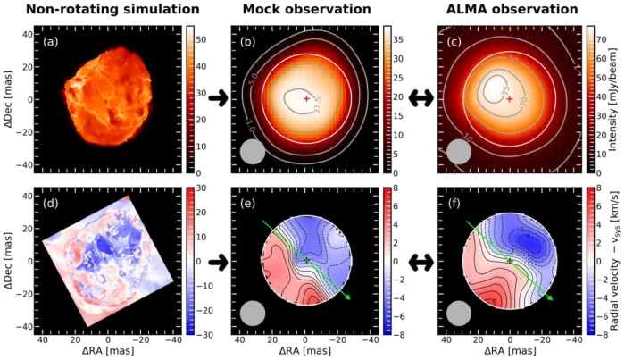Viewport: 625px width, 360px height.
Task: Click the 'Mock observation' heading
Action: tap(309, 11)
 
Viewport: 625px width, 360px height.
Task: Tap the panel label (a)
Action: tap(46, 41)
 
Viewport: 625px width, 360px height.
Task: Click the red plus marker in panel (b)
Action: tap(306, 98)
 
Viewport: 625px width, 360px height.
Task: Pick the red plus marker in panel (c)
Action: tap(510, 99)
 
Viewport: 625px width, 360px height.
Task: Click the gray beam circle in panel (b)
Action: tap(254, 152)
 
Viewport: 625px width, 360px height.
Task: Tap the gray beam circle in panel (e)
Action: tap(254, 314)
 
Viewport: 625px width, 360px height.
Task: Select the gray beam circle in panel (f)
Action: tap(459, 314)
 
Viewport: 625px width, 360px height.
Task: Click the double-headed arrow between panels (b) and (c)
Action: tap(421, 98)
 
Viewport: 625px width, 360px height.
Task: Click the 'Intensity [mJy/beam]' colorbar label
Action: tap(617, 99)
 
